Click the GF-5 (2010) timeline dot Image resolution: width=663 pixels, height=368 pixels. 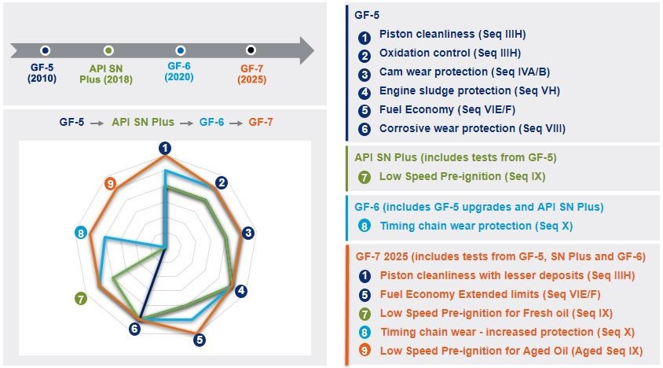[46, 50]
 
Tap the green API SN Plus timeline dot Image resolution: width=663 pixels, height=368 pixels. [108, 50]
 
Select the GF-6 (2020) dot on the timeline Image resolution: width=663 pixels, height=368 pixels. [181, 50]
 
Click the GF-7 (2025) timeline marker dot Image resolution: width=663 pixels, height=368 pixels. [251, 50]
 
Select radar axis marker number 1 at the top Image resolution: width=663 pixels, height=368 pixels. [165, 147]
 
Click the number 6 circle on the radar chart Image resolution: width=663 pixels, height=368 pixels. [134, 328]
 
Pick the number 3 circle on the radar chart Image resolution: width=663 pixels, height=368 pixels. [248, 233]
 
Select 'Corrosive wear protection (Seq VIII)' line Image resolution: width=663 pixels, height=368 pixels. [471, 128]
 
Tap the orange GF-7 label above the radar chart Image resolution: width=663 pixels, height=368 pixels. [262, 123]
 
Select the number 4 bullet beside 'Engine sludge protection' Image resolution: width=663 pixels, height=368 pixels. [364, 92]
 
